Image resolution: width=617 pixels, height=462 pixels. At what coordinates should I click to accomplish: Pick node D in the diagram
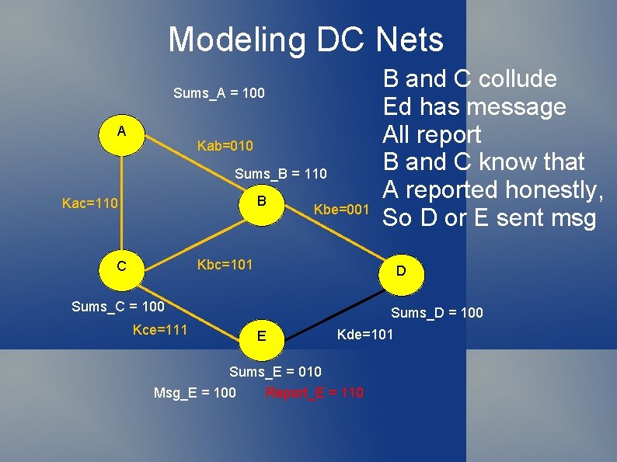(x=400, y=272)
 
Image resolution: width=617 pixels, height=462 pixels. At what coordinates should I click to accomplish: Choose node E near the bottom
(x=261, y=336)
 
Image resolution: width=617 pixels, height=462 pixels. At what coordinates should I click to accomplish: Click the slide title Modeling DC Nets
(x=305, y=39)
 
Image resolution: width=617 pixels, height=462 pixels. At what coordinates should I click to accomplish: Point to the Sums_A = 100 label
(x=218, y=93)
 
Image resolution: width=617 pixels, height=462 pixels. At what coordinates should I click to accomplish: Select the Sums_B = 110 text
(x=281, y=173)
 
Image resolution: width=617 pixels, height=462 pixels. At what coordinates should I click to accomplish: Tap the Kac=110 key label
(x=90, y=203)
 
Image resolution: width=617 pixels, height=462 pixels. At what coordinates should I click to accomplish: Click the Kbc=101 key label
(x=225, y=264)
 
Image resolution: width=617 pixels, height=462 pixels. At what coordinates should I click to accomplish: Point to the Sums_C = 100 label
(x=117, y=307)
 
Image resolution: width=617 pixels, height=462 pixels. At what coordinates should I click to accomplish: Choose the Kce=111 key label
(x=160, y=331)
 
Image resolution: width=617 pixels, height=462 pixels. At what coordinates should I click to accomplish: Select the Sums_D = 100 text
(x=437, y=313)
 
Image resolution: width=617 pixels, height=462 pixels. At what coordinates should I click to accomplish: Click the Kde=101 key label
(x=365, y=335)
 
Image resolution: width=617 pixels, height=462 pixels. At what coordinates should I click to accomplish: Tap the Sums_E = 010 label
(x=275, y=372)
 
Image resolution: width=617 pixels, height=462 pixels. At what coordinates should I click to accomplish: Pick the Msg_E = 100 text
(x=195, y=393)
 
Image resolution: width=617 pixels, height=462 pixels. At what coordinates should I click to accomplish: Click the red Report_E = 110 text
(x=314, y=393)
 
